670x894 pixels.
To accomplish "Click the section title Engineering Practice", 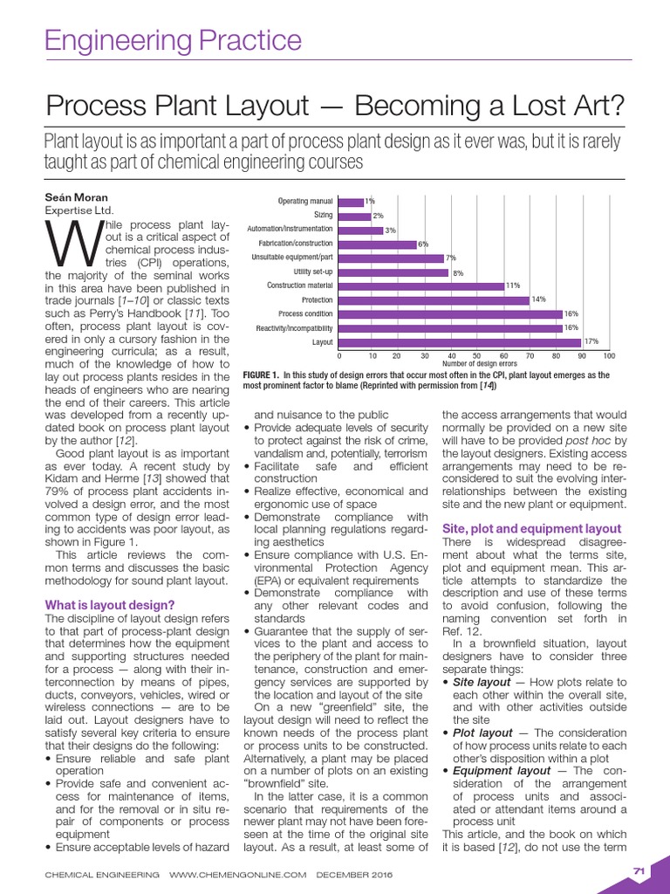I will coord(173,40).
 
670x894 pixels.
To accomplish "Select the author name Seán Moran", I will coord(77,197).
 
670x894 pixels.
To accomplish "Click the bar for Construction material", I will coord(420,285).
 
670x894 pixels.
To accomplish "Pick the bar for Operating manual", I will coord(351,202).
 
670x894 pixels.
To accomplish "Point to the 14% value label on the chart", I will coord(538,299).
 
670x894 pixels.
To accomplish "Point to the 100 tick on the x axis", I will coord(608,356).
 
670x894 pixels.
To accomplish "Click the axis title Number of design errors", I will coord(479,363).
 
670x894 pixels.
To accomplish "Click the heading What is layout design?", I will coord(109,605).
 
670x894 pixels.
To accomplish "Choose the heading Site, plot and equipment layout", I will coord(531,529).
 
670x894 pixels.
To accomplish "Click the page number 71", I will coord(638,870).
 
